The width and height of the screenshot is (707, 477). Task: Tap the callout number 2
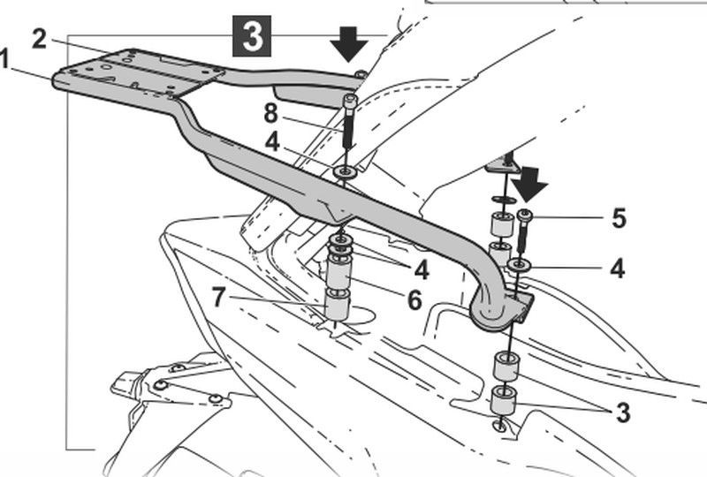(x=39, y=39)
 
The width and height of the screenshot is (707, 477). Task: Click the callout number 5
(x=618, y=218)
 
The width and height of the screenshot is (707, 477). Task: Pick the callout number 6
(x=414, y=299)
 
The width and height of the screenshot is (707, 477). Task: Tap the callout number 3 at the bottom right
(x=622, y=413)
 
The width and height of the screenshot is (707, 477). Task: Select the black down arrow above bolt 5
(x=529, y=181)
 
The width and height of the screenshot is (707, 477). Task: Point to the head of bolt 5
(x=524, y=215)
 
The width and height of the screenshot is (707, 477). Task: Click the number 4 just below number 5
(x=617, y=269)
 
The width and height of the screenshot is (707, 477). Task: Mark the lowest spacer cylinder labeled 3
(x=504, y=398)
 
